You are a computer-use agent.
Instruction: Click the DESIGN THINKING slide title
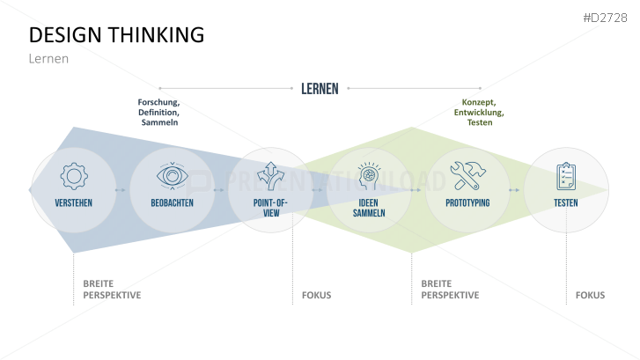tap(116, 34)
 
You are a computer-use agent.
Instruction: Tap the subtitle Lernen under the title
tap(48, 59)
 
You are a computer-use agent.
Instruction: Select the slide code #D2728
tap(607, 18)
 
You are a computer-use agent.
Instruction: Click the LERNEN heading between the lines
tap(320, 88)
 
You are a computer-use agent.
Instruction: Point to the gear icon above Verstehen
tap(74, 176)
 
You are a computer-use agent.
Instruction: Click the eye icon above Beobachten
tap(173, 176)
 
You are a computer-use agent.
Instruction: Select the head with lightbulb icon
tap(370, 175)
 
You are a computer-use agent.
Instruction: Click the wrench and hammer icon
tap(467, 176)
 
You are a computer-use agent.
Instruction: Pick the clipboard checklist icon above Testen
tap(566, 176)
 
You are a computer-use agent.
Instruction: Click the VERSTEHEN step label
tap(74, 203)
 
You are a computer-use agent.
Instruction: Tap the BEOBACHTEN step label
tap(173, 203)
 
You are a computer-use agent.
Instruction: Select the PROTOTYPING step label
tap(467, 203)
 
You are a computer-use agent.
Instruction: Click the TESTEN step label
tap(566, 203)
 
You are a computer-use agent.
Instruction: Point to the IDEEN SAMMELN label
tap(370, 208)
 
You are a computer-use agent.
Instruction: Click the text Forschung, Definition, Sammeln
tap(159, 113)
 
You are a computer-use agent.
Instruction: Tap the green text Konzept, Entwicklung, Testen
tap(479, 113)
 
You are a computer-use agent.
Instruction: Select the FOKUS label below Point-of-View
tap(316, 295)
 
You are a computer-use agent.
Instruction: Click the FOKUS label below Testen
tap(590, 295)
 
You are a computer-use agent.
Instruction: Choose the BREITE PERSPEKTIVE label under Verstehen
tap(112, 290)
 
